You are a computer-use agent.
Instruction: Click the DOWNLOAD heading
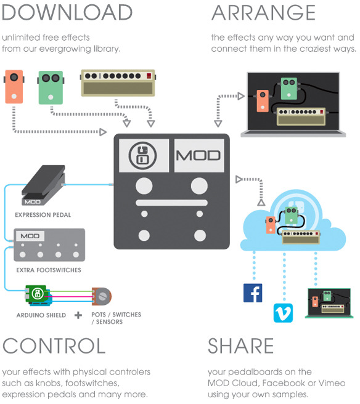coord(67,12)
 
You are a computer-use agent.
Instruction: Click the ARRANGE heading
coord(264,12)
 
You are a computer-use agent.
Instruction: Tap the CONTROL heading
coord(54,345)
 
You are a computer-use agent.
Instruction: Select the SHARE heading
coord(240,345)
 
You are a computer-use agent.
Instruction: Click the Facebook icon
coord(253,293)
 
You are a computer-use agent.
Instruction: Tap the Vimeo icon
coord(283,313)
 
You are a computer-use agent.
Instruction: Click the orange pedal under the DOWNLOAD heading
coord(14,87)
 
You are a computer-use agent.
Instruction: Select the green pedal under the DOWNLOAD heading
coord(51,87)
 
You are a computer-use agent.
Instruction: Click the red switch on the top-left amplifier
coord(149,76)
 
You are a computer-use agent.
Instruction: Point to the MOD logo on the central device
coord(198,156)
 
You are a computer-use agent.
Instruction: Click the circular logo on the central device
coord(142,156)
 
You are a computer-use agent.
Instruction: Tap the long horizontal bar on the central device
coord(171,203)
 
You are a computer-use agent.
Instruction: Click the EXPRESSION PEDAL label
coord(43,215)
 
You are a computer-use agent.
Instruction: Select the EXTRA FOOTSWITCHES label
coord(49,270)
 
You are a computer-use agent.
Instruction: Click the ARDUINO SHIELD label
coord(41,315)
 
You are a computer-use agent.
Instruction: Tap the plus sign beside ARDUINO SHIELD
coord(78,315)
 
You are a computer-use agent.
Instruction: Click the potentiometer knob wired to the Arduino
coord(102,296)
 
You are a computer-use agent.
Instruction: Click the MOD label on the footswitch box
coord(30,236)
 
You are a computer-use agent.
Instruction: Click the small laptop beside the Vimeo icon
coord(329,303)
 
